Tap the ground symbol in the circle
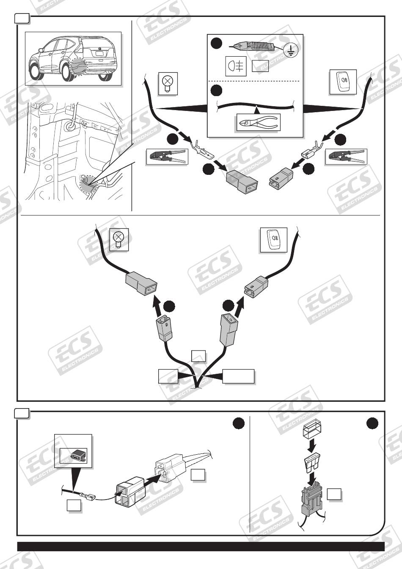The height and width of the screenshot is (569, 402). [x=291, y=51]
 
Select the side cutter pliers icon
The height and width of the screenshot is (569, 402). [x=256, y=123]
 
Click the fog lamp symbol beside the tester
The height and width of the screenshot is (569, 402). [x=236, y=66]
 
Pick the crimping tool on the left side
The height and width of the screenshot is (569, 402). [x=166, y=157]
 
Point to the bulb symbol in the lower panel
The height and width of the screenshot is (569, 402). [x=119, y=240]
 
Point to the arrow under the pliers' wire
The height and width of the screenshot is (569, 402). [x=256, y=110]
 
